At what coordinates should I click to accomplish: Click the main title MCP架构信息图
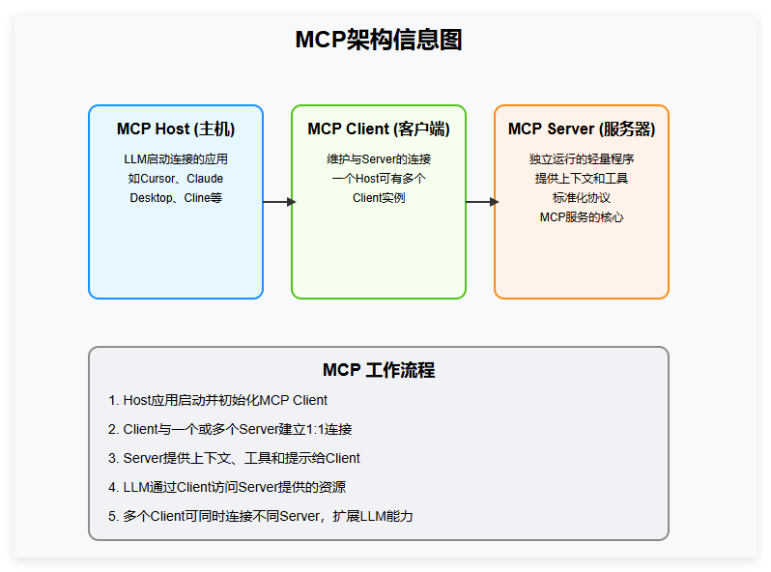378,40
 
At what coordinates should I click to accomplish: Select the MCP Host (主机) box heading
176,129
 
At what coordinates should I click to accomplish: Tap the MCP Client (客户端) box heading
379,129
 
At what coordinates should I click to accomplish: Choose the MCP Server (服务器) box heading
582,129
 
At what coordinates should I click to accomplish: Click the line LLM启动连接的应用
176,159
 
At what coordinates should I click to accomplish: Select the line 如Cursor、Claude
176,179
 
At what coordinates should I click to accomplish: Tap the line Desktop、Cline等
176,198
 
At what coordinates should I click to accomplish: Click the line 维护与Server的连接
379,159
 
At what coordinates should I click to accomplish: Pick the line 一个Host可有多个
379,179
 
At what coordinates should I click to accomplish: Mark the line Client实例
379,198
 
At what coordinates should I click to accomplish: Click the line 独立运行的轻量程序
582,159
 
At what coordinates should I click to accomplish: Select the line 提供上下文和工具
582,179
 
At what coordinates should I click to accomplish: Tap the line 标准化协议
582,198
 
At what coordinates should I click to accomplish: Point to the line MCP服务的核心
582,217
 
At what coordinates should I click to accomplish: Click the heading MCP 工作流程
378,371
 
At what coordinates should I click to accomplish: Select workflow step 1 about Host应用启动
218,400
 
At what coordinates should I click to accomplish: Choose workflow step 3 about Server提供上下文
235,458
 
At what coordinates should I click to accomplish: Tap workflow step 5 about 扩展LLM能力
261,516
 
